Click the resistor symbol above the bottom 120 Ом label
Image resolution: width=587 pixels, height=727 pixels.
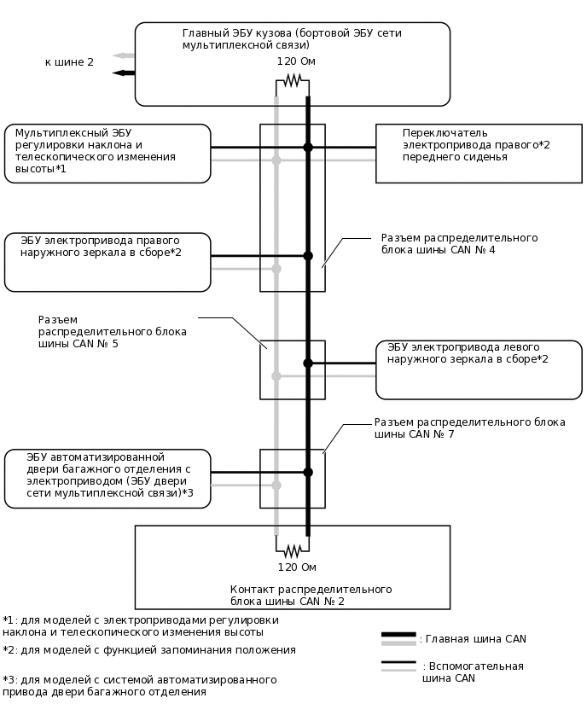pyautogui.click(x=293, y=550)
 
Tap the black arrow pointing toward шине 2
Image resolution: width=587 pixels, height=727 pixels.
pyautogui.click(x=122, y=73)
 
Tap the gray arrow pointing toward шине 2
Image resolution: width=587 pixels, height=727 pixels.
pyautogui.click(x=122, y=55)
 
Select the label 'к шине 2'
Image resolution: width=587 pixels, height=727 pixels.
pyautogui.click(x=69, y=62)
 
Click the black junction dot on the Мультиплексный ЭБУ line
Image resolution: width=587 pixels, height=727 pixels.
pyautogui.click(x=308, y=148)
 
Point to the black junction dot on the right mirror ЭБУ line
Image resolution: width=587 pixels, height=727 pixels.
pyautogui.click(x=308, y=256)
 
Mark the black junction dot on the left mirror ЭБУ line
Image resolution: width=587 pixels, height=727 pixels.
pyautogui.click(x=308, y=363)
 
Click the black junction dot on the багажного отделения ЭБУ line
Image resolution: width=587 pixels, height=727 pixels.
pyautogui.click(x=308, y=472)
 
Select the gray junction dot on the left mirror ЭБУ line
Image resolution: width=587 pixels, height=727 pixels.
pyautogui.click(x=276, y=375)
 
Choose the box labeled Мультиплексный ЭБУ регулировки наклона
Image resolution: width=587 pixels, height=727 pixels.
pyautogui.click(x=108, y=154)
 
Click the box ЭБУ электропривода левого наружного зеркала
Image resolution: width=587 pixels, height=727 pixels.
pyautogui.click(x=479, y=369)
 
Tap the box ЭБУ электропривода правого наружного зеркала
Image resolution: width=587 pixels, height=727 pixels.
pyautogui.click(x=108, y=262)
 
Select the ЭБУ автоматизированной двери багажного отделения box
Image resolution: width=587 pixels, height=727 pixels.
pyautogui.click(x=108, y=479)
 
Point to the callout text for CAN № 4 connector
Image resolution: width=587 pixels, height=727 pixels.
pyautogui.click(x=459, y=244)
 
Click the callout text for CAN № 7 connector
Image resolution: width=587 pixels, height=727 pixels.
pyautogui.click(x=469, y=427)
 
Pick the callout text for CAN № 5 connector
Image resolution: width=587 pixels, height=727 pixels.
pyautogui.click(x=112, y=331)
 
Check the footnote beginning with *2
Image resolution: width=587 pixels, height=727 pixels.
pyautogui.click(x=149, y=650)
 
